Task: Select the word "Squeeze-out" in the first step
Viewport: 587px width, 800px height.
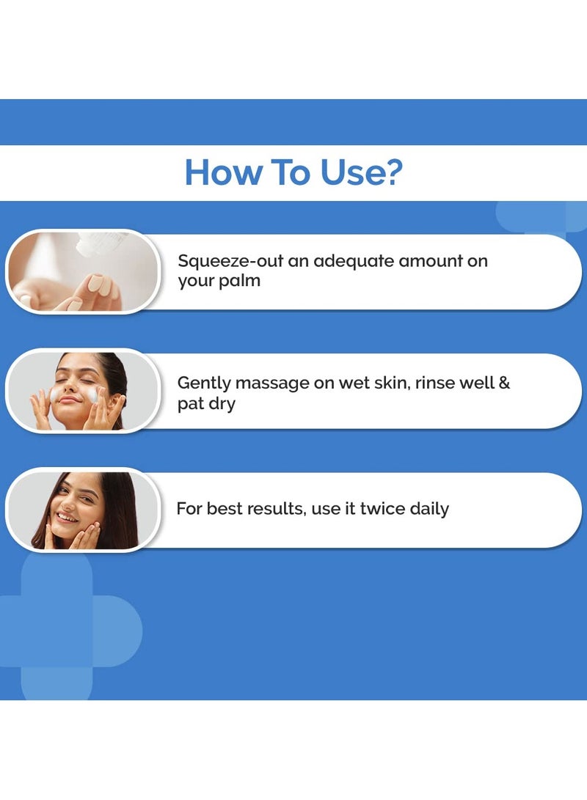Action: click(230, 261)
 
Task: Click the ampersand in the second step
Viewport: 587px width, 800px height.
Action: click(504, 382)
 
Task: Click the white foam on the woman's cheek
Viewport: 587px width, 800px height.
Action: click(92, 395)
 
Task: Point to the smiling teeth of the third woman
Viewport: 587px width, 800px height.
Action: click(67, 518)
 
